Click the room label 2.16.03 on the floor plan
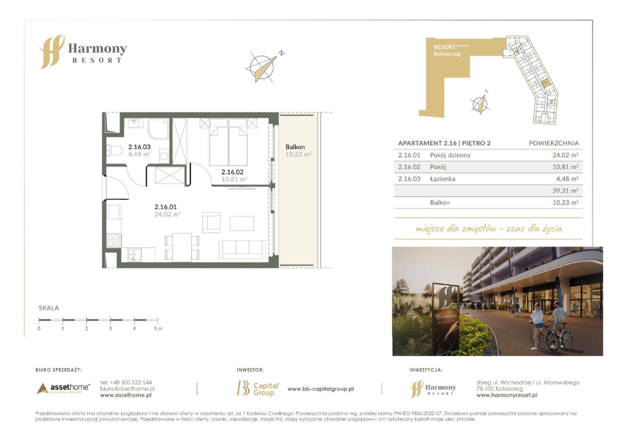coord(139,147)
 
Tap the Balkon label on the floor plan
coord(295,147)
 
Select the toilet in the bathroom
coord(114,151)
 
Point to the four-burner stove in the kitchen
coord(114,241)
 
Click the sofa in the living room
coord(242,249)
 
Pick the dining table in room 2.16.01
coord(182,247)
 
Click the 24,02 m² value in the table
coord(565,155)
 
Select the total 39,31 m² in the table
coord(565,191)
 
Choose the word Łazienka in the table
coord(443,179)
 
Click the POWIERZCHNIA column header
coord(554,143)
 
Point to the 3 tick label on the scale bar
coord(110,328)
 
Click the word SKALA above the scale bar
coord(49,308)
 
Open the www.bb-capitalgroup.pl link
coord(321,389)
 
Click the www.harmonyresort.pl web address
coord(507,395)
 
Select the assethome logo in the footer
coord(63,388)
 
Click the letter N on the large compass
coord(281,53)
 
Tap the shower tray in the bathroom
coord(158,129)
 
